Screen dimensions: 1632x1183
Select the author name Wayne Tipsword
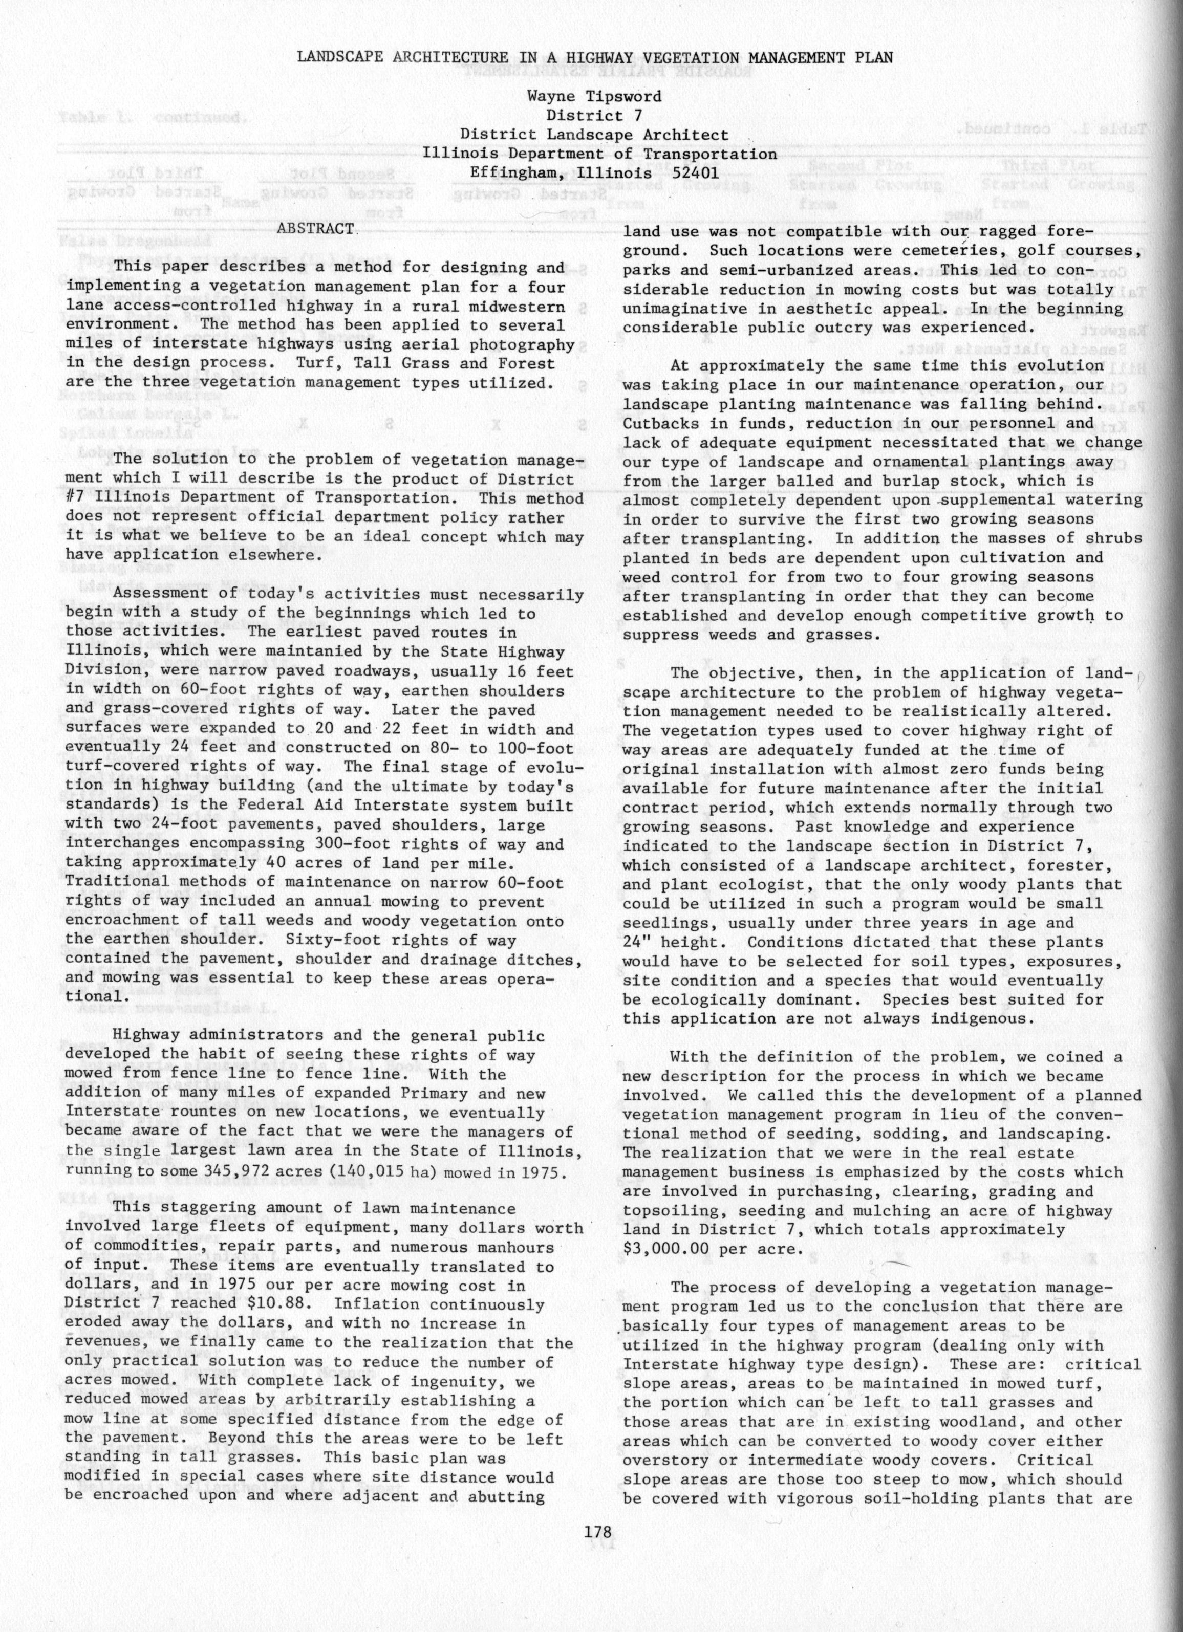(x=594, y=96)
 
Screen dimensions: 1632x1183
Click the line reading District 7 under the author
(x=594, y=115)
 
